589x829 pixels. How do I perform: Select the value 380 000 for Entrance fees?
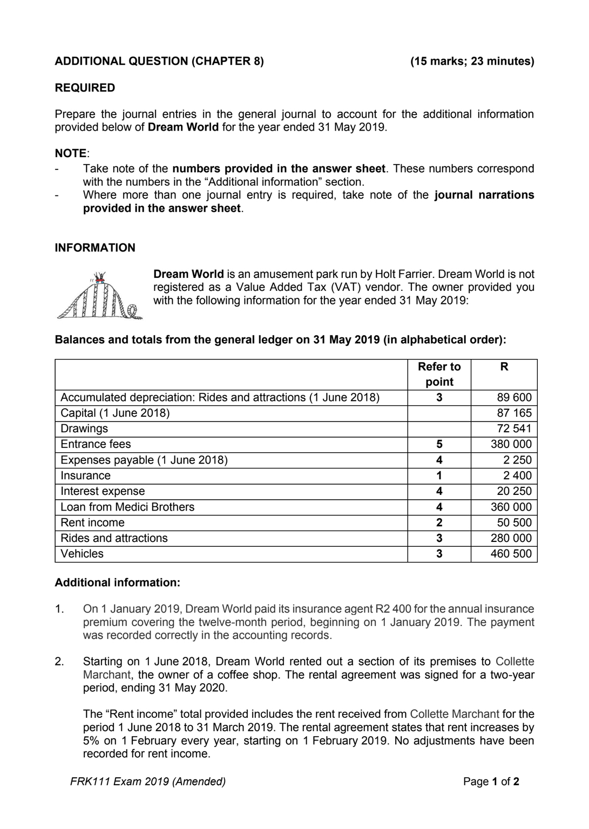coord(511,444)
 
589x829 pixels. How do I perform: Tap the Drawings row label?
coord(84,429)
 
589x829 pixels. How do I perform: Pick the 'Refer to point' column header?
coord(439,374)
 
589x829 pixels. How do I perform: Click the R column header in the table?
coord(504,367)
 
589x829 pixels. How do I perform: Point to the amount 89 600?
coord(514,398)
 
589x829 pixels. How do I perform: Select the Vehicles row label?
coord(82,554)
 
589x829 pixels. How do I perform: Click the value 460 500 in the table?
coord(511,554)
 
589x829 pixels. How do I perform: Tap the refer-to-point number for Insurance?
coord(439,475)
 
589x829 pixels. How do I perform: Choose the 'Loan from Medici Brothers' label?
coord(127,507)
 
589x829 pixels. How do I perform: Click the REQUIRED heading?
coord(85,88)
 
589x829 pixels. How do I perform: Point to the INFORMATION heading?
coord(95,248)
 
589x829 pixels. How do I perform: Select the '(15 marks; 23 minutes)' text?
coord(472,61)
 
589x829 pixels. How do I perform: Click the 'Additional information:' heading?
coord(117,583)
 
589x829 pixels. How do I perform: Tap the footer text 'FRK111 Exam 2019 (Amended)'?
coord(148,782)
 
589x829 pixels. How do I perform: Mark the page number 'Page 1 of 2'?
coord(491,782)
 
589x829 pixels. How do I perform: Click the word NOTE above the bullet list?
coord(71,153)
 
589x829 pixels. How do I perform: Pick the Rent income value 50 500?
coord(514,522)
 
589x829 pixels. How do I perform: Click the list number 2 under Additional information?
coord(59,662)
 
